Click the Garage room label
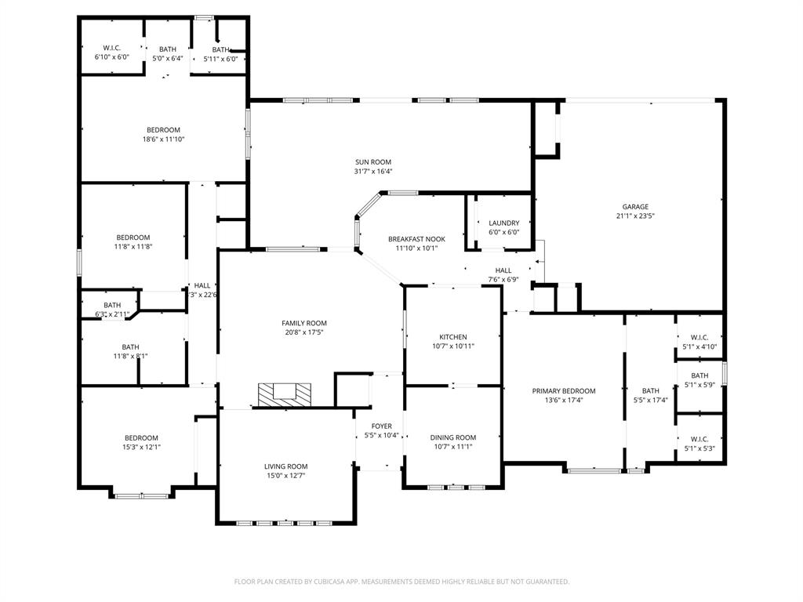click(x=635, y=207)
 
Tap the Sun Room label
click(x=372, y=162)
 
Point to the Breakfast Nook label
click(x=416, y=239)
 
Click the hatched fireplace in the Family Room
click(x=285, y=394)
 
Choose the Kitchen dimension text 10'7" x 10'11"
click(x=452, y=346)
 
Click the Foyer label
click(x=382, y=426)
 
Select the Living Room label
click(x=285, y=466)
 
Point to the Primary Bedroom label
click(x=563, y=391)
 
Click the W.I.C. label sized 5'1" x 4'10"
click(x=699, y=338)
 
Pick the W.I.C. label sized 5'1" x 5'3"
click(x=699, y=440)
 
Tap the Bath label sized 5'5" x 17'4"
click(x=650, y=391)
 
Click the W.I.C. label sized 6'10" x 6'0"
click(x=111, y=48)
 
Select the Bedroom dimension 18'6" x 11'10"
click(x=163, y=140)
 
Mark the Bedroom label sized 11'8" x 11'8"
click(x=133, y=238)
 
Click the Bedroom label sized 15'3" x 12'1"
click(x=141, y=438)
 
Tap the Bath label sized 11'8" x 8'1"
click(x=130, y=346)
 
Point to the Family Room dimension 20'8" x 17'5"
click(x=304, y=332)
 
